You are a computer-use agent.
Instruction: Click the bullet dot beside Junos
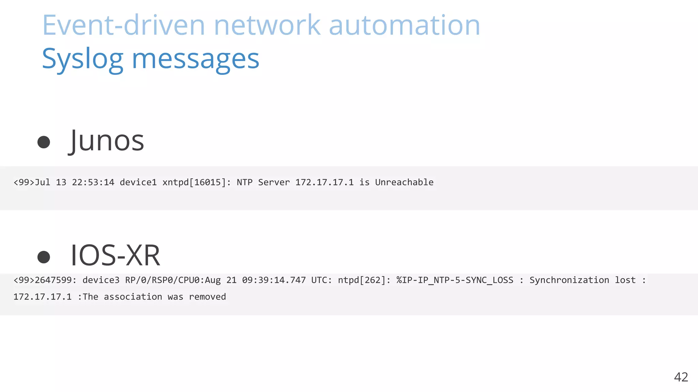(x=44, y=142)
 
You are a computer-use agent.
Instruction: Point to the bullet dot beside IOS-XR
(x=44, y=257)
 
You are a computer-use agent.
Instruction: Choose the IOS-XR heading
(x=115, y=255)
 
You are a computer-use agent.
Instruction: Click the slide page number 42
(x=681, y=377)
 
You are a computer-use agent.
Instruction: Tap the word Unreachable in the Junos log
(x=404, y=182)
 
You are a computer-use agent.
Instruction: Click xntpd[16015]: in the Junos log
(x=197, y=182)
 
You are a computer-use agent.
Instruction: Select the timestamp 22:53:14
(x=93, y=182)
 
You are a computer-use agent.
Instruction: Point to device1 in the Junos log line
(x=138, y=182)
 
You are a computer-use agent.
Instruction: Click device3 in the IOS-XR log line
(x=101, y=280)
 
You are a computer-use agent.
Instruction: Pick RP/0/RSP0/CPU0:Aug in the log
(x=173, y=280)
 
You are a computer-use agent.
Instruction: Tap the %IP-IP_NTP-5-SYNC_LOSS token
(x=455, y=280)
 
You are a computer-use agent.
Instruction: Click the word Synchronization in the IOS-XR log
(x=569, y=280)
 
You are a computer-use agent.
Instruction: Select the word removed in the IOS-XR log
(x=207, y=297)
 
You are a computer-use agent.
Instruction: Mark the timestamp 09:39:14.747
(x=274, y=280)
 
